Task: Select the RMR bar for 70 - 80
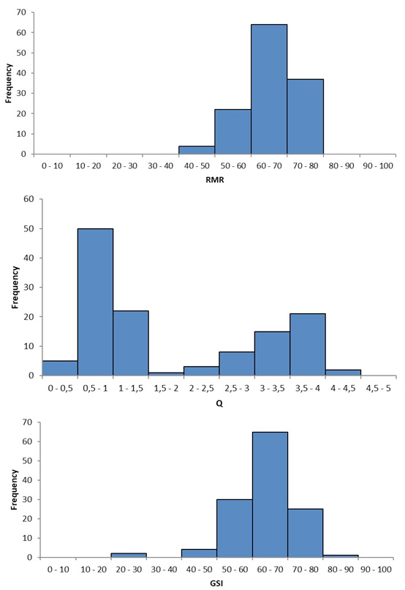point(306,116)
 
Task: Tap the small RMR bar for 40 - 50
point(197,151)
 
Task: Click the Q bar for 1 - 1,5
point(131,343)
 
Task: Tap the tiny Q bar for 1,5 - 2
point(166,373)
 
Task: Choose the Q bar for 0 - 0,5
point(60,368)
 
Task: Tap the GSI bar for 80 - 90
point(341,556)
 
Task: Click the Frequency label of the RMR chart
point(9,83)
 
